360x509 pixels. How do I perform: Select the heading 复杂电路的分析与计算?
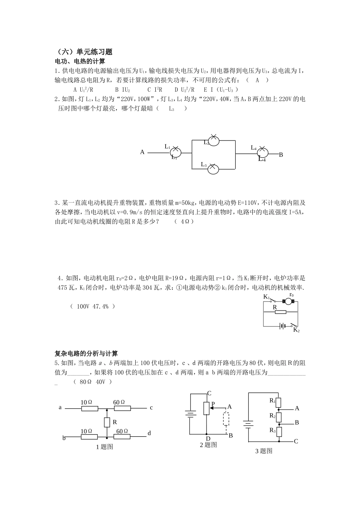(x=86, y=354)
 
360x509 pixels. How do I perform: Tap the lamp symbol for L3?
(x=213, y=169)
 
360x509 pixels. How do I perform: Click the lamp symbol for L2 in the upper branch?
(x=214, y=140)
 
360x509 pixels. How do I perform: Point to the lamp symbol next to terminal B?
(x=262, y=153)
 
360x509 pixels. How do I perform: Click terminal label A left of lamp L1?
(x=142, y=152)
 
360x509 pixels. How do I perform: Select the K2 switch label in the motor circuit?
(x=296, y=330)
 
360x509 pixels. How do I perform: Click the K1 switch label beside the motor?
(x=266, y=297)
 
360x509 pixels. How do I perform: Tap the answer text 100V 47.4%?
(x=92, y=306)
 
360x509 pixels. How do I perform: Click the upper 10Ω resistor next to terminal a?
(x=89, y=409)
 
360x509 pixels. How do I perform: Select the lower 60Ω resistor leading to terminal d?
(x=122, y=437)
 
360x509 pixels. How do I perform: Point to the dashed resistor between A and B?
(x=227, y=419)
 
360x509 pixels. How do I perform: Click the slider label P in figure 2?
(x=213, y=404)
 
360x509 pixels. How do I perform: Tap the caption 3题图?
(x=264, y=451)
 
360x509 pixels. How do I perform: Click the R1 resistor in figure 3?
(x=279, y=402)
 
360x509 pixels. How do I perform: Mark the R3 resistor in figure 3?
(x=279, y=431)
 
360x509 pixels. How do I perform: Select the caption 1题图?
(x=105, y=447)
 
